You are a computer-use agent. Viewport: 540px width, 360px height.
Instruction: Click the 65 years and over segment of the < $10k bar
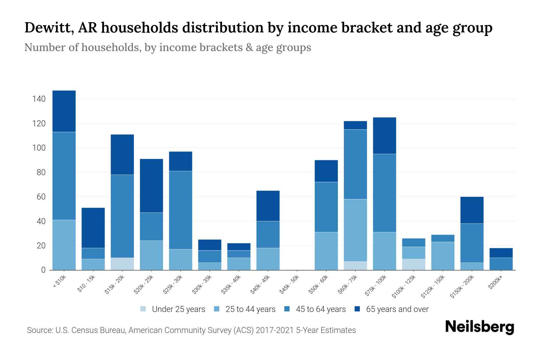point(64,111)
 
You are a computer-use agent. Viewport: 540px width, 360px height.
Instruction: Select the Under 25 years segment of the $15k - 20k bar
point(122,264)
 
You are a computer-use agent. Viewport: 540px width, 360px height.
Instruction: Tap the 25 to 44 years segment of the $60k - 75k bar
point(355,230)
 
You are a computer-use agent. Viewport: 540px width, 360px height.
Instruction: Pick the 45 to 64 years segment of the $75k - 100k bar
point(384,193)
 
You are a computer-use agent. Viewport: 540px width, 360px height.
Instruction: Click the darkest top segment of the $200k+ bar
point(501,253)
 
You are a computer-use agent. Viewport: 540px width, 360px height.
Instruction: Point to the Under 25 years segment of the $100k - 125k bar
point(413,264)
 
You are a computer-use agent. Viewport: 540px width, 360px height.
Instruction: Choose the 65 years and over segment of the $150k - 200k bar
point(472,210)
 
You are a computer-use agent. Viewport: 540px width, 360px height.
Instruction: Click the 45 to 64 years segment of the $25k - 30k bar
point(181,210)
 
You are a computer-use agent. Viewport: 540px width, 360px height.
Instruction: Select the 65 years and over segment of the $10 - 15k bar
point(93,228)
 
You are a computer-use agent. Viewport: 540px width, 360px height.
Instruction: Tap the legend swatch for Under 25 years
point(143,309)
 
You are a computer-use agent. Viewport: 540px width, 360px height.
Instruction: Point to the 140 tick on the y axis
point(39,99)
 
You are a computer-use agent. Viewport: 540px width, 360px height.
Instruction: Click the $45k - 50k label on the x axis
point(289,284)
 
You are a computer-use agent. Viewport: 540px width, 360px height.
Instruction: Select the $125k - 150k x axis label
point(432,287)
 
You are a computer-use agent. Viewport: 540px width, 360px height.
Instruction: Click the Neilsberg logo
point(479,327)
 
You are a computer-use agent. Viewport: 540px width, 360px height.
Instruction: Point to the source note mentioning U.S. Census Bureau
point(191,330)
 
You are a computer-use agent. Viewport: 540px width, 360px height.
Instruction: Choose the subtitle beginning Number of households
point(167,47)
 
